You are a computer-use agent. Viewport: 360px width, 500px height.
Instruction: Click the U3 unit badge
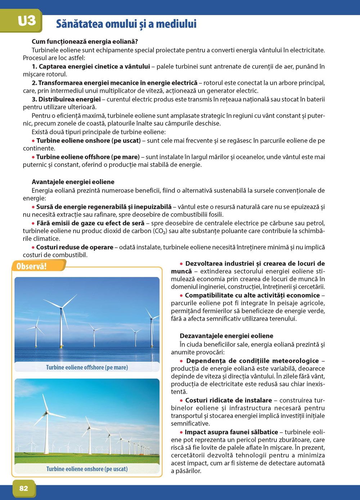(x=27, y=21)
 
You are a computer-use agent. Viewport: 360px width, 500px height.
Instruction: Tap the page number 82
(x=24, y=488)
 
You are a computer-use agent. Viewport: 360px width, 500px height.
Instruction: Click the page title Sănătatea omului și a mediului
(x=126, y=24)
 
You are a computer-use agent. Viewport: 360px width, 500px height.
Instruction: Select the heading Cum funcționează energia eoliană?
(x=85, y=42)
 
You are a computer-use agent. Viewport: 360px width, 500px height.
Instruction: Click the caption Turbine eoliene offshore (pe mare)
(x=87, y=367)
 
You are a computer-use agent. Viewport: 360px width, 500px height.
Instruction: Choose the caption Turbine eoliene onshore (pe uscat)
(x=87, y=469)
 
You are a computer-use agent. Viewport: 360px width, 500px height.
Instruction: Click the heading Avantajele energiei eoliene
(x=73, y=182)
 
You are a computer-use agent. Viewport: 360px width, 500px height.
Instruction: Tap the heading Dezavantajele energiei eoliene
(x=226, y=336)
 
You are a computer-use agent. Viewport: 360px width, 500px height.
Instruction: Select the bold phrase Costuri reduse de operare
(x=75, y=247)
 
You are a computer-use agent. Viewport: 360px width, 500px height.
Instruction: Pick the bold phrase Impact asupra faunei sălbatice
(x=231, y=432)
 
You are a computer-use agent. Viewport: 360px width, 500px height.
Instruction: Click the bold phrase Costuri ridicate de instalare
(x=229, y=400)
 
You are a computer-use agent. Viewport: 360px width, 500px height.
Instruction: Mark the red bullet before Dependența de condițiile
(x=182, y=361)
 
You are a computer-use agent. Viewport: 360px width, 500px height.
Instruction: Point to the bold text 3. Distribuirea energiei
(x=66, y=99)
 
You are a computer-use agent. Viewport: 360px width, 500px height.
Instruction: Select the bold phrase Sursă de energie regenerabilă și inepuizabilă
(x=104, y=207)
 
